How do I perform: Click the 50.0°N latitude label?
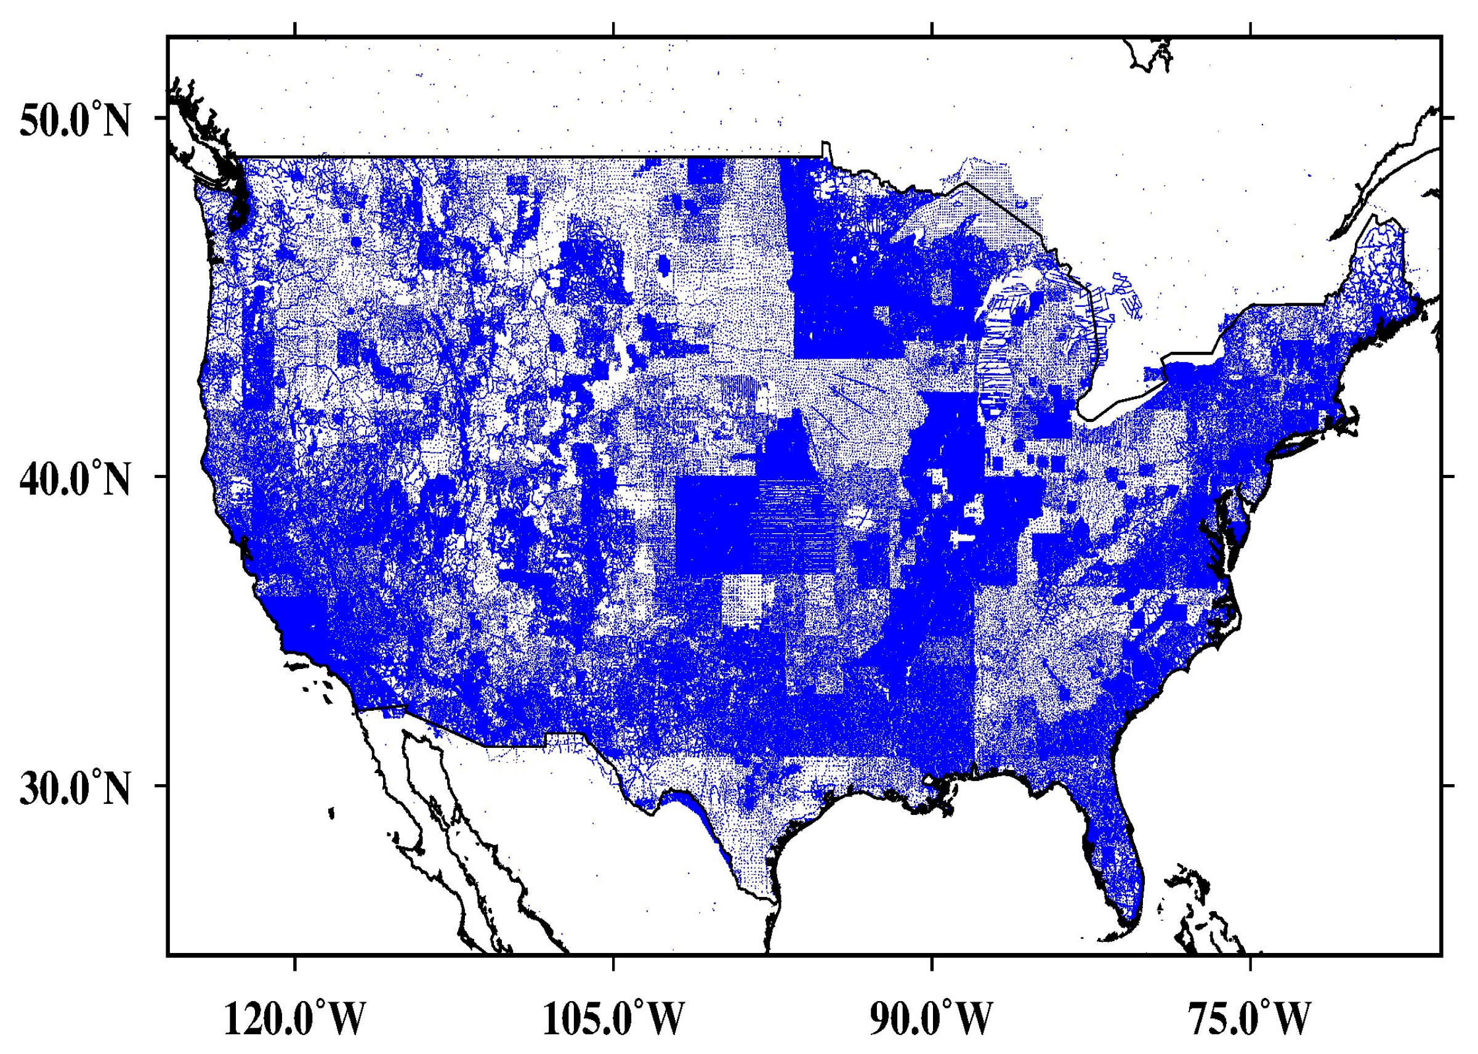click(x=75, y=120)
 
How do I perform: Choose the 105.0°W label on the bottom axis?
click(x=613, y=1018)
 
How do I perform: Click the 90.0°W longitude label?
click(x=932, y=1018)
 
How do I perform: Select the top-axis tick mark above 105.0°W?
click(x=613, y=29)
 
